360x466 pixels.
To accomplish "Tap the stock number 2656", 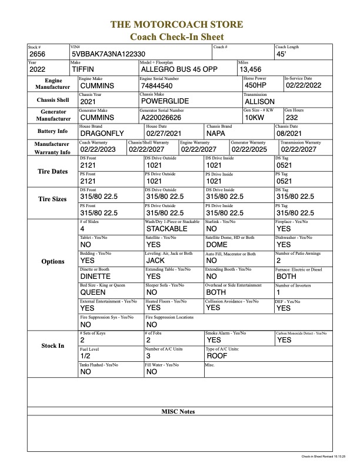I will [37, 54].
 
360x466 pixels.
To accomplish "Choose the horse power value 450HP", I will [255, 85].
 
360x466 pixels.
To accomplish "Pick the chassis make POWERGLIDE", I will [164, 101].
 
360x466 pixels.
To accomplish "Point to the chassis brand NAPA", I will [218, 134].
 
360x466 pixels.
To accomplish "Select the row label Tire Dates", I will [53, 171].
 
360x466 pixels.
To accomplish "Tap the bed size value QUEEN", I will [93, 292].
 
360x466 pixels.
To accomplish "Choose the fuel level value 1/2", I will [85, 356].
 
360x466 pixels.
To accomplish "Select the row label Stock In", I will [53, 345].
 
